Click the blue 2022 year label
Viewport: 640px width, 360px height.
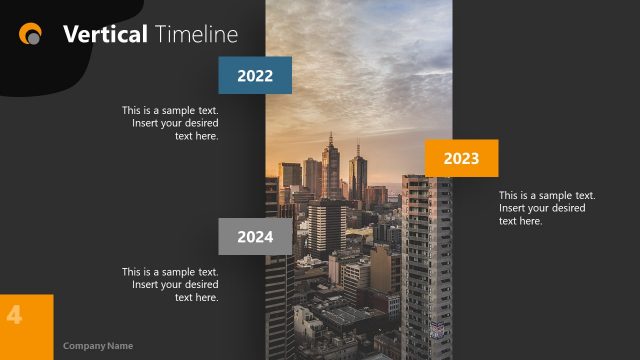pyautogui.click(x=255, y=75)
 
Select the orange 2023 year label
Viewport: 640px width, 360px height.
pyautogui.click(x=461, y=158)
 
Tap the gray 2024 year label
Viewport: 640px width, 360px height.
pyautogui.click(x=255, y=237)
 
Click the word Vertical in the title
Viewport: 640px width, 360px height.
pyautogui.click(x=105, y=34)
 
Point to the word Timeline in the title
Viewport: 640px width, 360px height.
pyautogui.click(x=197, y=34)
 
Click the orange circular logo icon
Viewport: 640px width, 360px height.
pyautogui.click(x=31, y=34)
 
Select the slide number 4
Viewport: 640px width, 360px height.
pyautogui.click(x=14, y=314)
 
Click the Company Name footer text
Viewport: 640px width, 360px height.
pyautogui.click(x=98, y=346)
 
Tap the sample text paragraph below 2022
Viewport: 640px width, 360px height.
pyautogui.click(x=170, y=123)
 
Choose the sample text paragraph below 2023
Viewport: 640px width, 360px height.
pyautogui.click(x=547, y=208)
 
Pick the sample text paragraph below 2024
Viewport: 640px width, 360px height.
pyautogui.click(x=170, y=284)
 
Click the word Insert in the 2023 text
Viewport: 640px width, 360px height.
pyautogui.click(x=517, y=208)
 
